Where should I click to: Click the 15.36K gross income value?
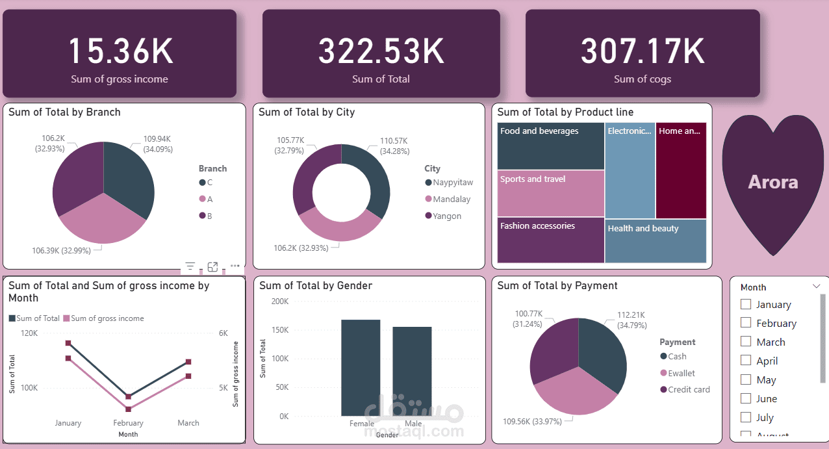click(120, 52)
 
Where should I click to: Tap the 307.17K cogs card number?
click(643, 52)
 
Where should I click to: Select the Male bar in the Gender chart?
click(412, 371)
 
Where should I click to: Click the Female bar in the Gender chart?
click(361, 367)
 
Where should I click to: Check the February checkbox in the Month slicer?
click(746, 323)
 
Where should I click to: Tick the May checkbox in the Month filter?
click(746, 379)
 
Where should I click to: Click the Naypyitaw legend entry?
click(452, 183)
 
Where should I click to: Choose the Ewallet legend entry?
click(681, 373)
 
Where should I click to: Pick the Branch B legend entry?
click(209, 216)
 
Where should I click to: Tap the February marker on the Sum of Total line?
click(129, 396)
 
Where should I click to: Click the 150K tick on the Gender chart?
click(280, 330)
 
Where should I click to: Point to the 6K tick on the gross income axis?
click(223, 333)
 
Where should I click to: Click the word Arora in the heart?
click(772, 182)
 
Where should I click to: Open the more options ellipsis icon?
click(235, 266)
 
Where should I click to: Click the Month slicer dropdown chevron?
click(816, 287)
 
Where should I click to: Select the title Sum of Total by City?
click(307, 112)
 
